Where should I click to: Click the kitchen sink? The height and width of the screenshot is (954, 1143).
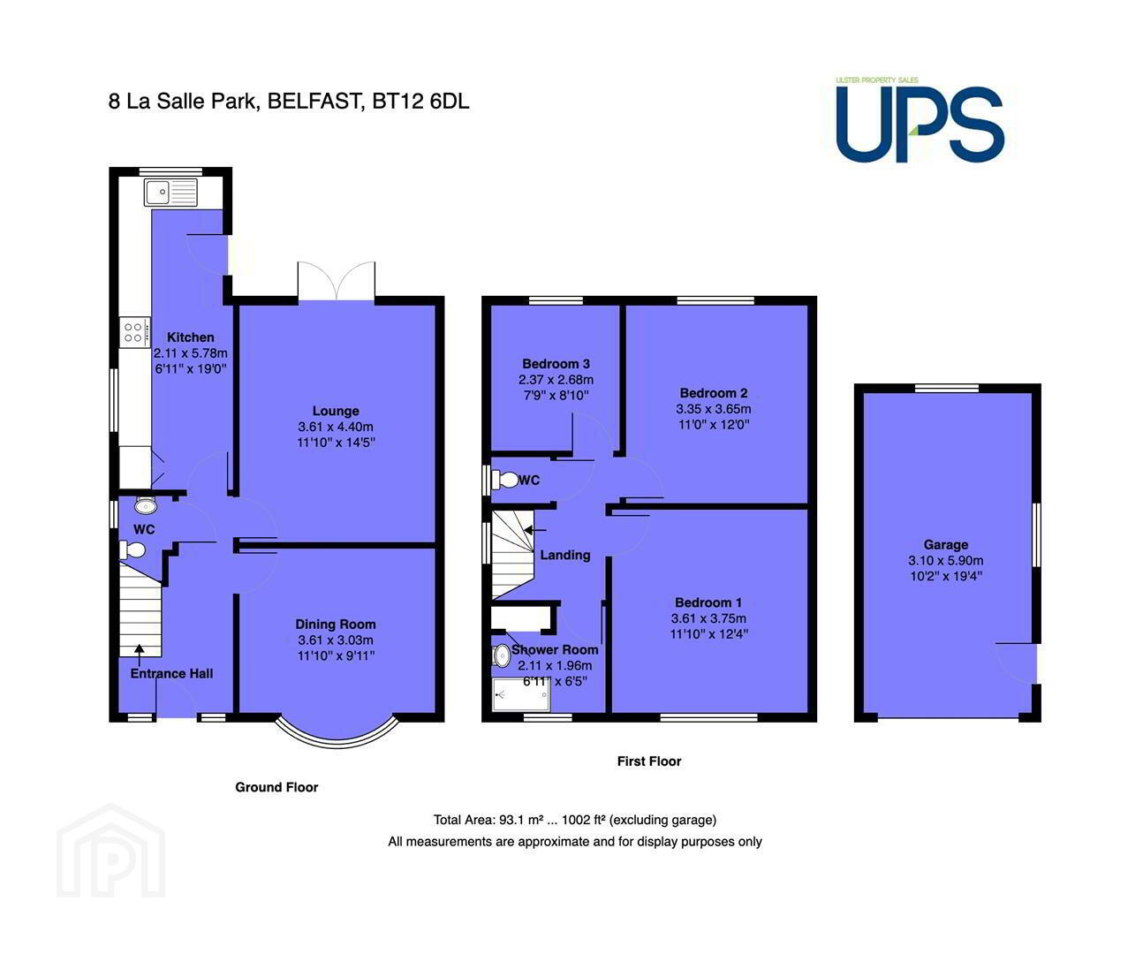(170, 192)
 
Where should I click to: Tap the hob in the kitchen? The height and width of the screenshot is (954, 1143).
(134, 331)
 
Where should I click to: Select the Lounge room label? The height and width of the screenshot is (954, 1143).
(336, 411)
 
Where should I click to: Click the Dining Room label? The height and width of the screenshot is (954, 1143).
(336, 624)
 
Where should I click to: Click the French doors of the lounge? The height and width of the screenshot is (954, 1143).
(337, 281)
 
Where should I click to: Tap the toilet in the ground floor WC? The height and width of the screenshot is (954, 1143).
(132, 549)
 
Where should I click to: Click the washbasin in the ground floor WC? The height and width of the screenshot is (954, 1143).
(146, 505)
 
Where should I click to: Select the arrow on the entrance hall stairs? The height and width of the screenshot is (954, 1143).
(140, 655)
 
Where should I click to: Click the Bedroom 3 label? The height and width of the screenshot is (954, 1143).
(556, 364)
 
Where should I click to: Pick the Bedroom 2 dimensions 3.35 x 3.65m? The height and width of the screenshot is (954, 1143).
(714, 409)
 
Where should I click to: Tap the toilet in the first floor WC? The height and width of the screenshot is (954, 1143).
(504, 480)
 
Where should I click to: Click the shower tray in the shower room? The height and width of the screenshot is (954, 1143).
(520, 694)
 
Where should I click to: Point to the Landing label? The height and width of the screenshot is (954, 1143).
(565, 555)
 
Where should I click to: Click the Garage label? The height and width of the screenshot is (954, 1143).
(945, 545)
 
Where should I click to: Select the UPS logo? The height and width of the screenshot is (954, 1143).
(920, 120)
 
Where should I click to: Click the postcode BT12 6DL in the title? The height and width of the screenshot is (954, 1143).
(420, 102)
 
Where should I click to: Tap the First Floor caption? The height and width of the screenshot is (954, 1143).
(648, 761)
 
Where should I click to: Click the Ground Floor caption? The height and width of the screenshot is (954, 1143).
(276, 787)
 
